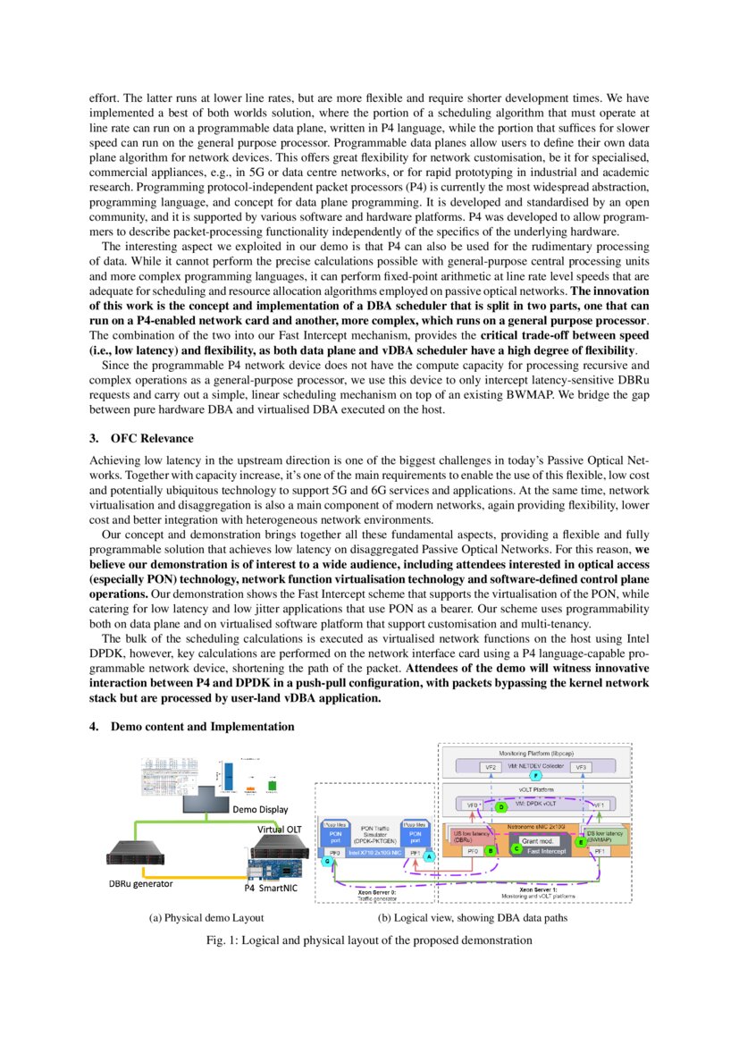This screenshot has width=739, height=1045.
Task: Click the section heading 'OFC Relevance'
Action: click(x=151, y=438)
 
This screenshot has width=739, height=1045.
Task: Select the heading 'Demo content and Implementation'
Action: click(x=202, y=726)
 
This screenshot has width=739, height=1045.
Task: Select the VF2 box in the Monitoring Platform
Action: click(x=491, y=768)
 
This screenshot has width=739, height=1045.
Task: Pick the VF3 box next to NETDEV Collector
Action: click(x=582, y=768)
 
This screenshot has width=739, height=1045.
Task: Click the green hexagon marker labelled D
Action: click(x=501, y=806)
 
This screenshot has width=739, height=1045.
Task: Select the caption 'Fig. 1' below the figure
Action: click(x=369, y=940)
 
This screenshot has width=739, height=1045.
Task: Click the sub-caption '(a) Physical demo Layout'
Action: click(x=206, y=918)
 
